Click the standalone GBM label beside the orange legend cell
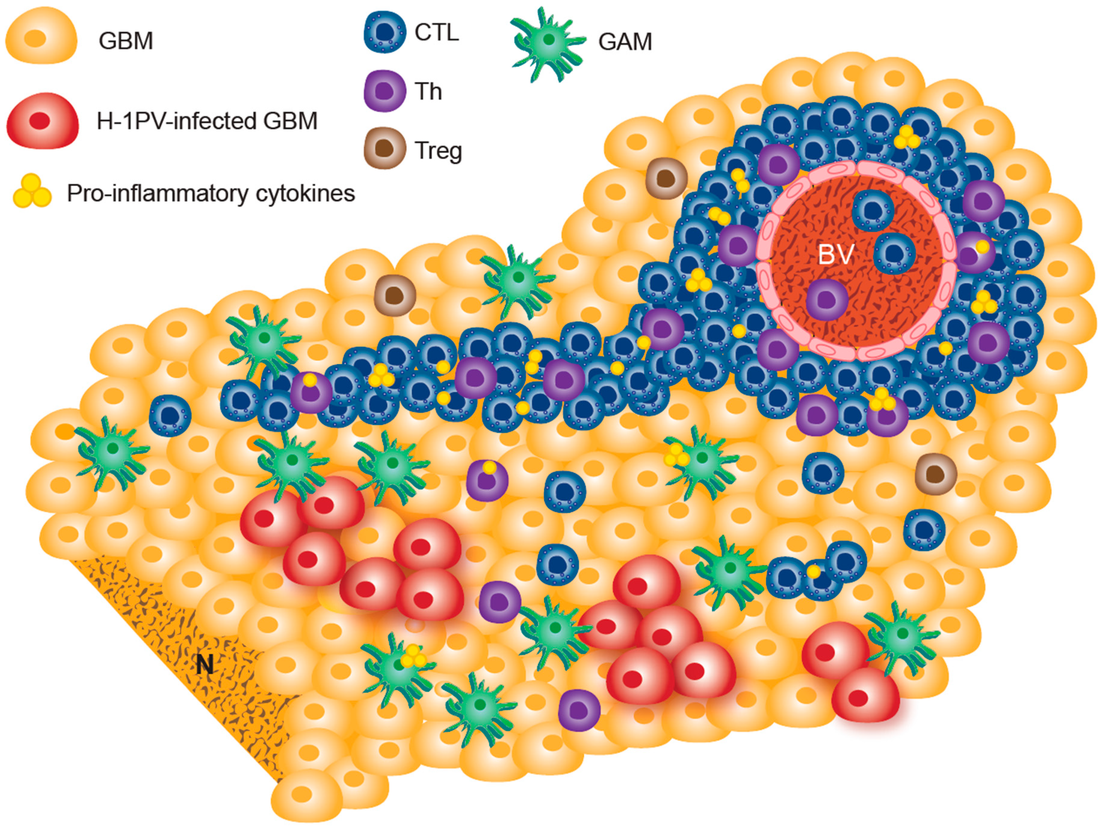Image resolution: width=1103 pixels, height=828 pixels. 126,41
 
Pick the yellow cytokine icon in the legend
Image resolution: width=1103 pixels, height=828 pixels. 32,191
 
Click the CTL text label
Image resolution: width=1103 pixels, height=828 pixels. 436,33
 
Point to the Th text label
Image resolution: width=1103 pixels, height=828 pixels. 428,92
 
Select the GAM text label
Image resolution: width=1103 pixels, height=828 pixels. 625,42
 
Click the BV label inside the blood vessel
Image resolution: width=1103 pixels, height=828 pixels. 836,255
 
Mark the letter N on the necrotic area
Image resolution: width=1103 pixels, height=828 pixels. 204,664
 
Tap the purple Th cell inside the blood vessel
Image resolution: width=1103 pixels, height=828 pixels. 827,300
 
